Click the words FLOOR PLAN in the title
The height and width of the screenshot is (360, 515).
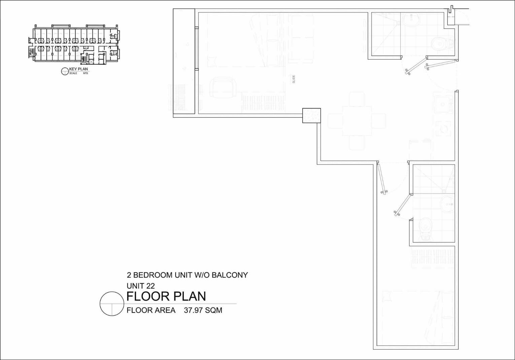(x=166, y=296)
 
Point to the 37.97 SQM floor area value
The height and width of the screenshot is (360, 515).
(x=203, y=310)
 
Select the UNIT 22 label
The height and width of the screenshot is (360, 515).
(x=141, y=286)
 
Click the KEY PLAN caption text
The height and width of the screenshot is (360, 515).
(x=78, y=69)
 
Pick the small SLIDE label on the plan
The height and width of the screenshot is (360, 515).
(x=294, y=79)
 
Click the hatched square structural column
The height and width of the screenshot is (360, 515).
(x=311, y=116)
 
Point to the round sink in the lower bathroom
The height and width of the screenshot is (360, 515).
(x=447, y=204)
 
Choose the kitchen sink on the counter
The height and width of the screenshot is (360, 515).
(x=443, y=104)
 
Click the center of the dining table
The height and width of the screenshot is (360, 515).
(x=356, y=121)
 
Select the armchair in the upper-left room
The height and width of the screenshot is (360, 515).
(x=222, y=87)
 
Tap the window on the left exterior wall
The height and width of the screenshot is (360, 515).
(x=197, y=48)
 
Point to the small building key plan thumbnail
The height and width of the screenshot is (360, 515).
(x=74, y=44)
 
